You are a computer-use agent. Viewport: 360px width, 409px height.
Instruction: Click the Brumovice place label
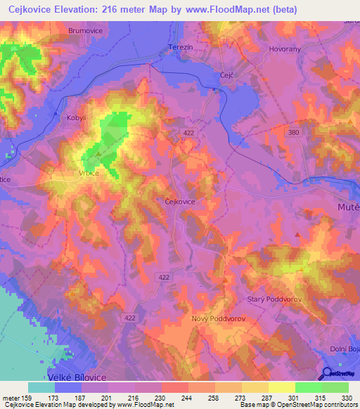tap(86, 31)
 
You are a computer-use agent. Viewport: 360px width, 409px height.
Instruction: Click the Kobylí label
tap(77, 118)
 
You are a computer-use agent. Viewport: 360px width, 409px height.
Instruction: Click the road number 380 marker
tap(294, 132)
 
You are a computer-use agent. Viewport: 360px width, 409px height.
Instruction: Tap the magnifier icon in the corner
tap(328, 374)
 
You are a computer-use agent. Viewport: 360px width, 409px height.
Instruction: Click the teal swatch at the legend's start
tap(41, 387)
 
